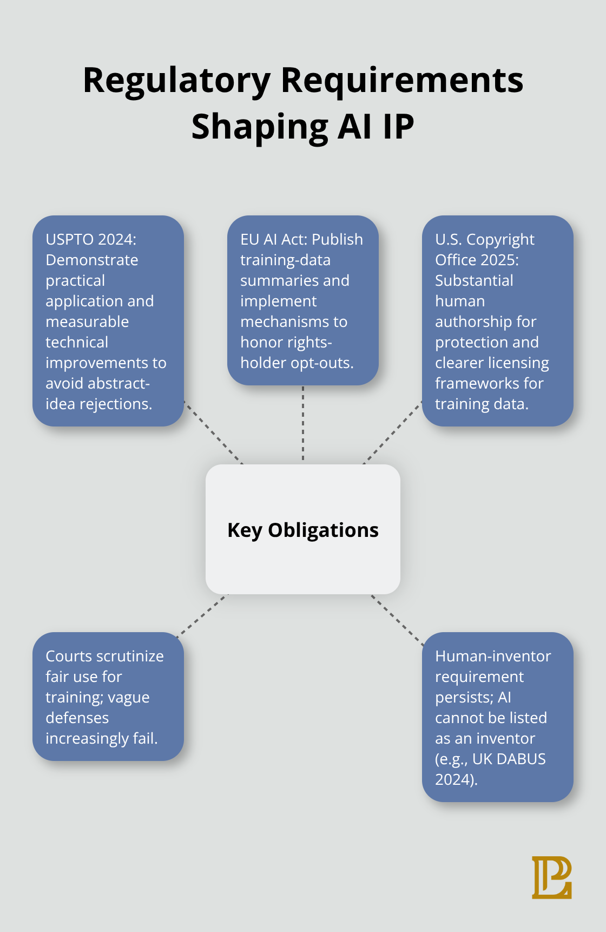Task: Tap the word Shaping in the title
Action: pos(259,127)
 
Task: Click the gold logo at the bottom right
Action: pos(551,877)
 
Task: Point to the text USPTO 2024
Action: pos(90,239)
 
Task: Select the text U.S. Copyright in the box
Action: pos(484,239)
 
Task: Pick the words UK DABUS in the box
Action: pos(509,759)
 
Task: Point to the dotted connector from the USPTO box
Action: pos(213,432)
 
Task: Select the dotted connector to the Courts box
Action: pos(202,615)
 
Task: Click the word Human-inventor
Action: pos(492,656)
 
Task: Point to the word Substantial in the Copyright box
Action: pos(474,280)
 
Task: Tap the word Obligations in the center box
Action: pos(323,530)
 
